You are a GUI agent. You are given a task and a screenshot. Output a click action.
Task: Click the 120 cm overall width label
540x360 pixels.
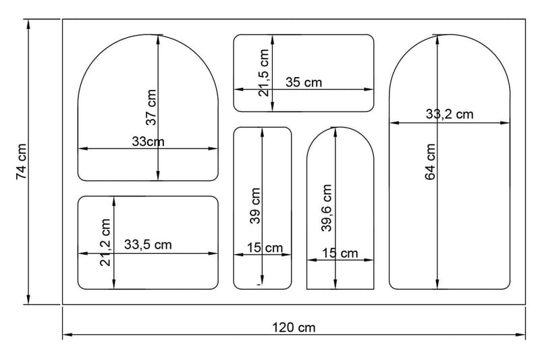click(x=294, y=328)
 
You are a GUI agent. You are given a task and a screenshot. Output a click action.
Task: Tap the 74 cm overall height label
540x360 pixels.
click(x=21, y=161)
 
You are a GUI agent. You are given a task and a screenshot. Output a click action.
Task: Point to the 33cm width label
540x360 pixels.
click(x=148, y=142)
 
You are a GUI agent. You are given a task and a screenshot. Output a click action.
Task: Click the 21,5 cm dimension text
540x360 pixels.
click(x=264, y=72)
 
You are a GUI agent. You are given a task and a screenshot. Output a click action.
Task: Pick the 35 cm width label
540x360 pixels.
click(x=304, y=82)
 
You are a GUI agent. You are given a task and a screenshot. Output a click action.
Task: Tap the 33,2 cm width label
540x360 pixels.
click(x=450, y=114)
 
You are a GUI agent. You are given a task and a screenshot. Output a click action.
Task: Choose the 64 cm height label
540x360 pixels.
click(x=431, y=162)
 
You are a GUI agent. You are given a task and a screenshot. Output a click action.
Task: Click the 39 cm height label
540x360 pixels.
click(x=255, y=206)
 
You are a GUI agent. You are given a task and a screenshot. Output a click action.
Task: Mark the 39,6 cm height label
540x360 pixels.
click(x=327, y=208)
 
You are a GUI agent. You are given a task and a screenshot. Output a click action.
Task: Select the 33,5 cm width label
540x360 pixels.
click(x=148, y=245)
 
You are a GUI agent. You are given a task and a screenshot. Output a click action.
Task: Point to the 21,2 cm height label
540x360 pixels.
click(x=105, y=242)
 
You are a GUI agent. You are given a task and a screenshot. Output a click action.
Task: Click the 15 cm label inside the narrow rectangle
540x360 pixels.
click(x=265, y=248)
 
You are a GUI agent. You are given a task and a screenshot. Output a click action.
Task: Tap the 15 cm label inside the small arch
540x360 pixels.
click(x=340, y=253)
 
